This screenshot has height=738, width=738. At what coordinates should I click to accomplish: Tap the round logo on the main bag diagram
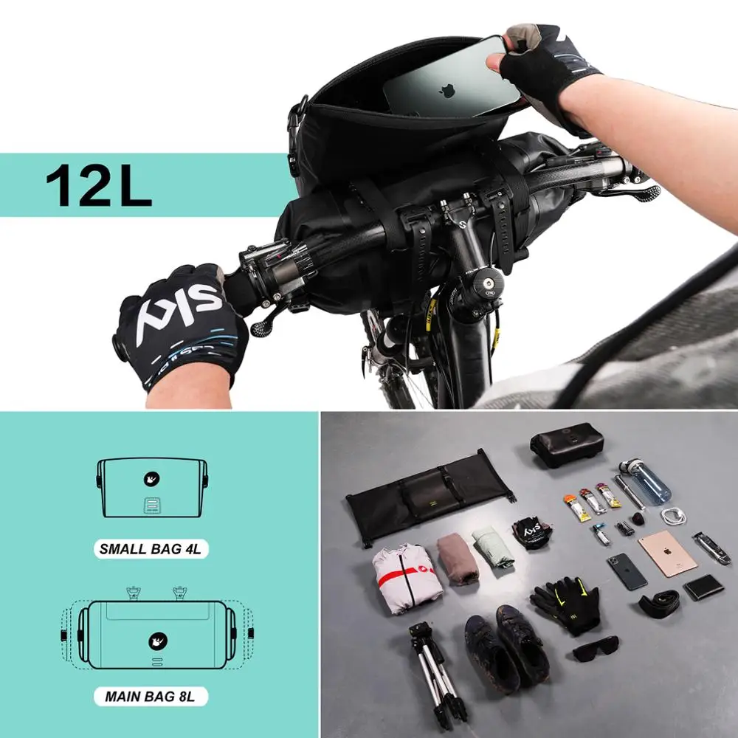158,641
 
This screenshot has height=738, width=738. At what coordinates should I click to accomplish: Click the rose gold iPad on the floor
667,553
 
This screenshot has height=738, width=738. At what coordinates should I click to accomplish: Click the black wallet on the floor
703,587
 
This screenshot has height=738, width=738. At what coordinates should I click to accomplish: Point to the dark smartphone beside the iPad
627,571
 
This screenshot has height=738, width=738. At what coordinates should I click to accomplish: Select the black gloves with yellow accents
565,601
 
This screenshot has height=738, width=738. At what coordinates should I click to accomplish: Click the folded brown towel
458,559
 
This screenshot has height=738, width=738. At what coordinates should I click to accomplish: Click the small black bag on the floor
567,444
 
